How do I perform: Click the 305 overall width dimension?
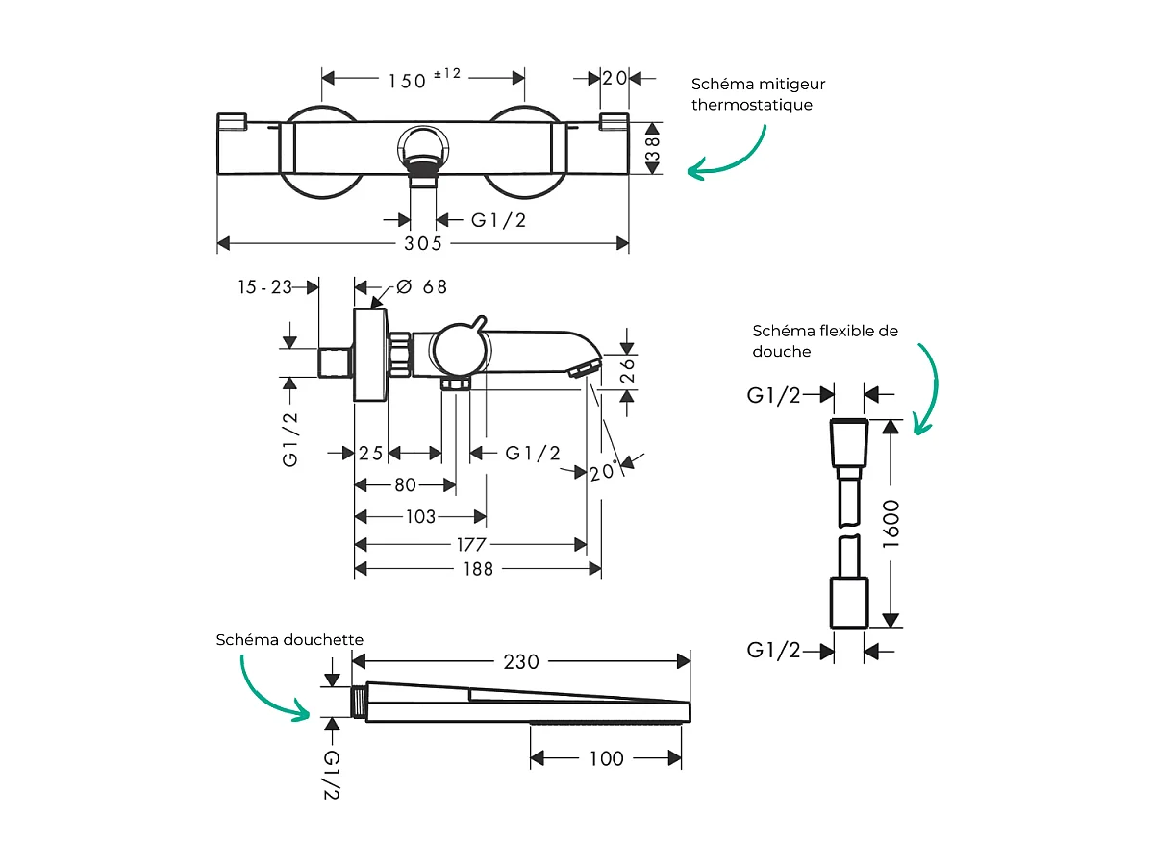[423, 244]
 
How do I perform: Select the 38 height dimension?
[653, 148]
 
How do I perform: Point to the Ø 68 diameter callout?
[421, 287]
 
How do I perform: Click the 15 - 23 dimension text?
[265, 286]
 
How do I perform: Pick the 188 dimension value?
[477, 569]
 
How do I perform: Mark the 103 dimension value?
[420, 517]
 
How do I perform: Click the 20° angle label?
[603, 472]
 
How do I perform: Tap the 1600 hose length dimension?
[891, 524]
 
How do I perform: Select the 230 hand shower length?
[519, 661]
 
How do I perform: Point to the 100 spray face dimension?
[606, 759]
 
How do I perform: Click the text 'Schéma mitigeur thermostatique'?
[758, 95]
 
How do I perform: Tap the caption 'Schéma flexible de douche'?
[825, 341]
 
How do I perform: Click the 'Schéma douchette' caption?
[290, 639]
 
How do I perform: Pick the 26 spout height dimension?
[628, 371]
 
